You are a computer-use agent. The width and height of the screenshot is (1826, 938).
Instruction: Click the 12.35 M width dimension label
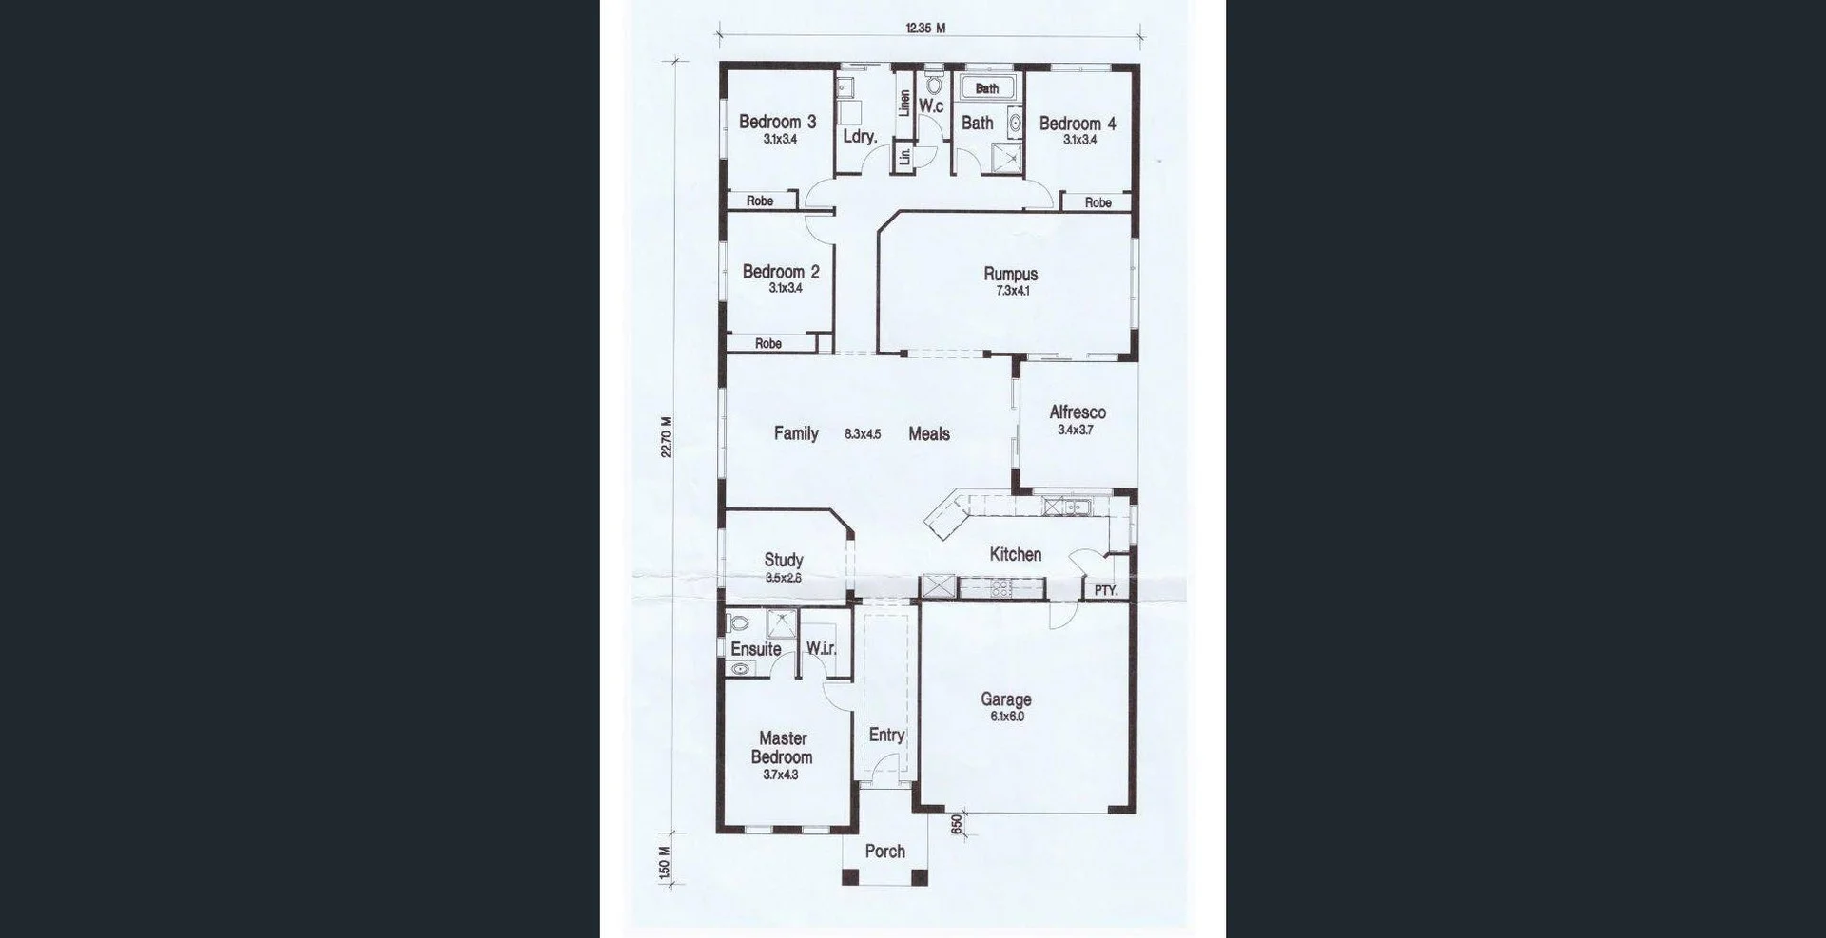tap(925, 29)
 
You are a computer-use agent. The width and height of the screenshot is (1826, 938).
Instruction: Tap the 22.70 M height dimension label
tap(667, 437)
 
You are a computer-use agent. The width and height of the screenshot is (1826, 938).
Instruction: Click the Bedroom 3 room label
tap(777, 122)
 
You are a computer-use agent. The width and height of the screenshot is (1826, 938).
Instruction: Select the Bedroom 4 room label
tap(1077, 124)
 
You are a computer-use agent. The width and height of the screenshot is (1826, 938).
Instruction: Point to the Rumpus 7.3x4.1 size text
tap(1012, 292)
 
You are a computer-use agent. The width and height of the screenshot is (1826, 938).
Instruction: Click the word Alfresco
tap(1077, 412)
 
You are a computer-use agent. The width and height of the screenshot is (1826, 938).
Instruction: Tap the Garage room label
tap(1006, 699)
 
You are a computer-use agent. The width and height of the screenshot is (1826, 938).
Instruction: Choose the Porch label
tap(884, 852)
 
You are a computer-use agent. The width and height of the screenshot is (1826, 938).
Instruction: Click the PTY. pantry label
tap(1105, 590)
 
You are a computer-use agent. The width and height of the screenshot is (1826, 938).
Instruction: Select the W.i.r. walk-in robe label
tap(821, 648)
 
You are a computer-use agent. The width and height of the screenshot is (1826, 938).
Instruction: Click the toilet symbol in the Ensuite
tap(738, 624)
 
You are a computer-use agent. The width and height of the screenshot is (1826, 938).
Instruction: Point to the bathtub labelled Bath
tap(987, 88)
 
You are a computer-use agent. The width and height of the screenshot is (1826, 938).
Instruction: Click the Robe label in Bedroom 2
tap(767, 344)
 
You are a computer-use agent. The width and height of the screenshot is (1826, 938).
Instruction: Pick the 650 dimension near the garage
tap(957, 825)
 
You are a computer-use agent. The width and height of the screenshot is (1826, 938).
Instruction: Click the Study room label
tap(784, 560)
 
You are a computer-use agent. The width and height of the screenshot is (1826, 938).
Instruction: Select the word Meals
tap(928, 434)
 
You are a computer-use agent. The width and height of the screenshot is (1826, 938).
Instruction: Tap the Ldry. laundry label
tap(859, 137)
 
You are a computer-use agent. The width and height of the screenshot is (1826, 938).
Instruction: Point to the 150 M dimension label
tap(665, 863)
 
